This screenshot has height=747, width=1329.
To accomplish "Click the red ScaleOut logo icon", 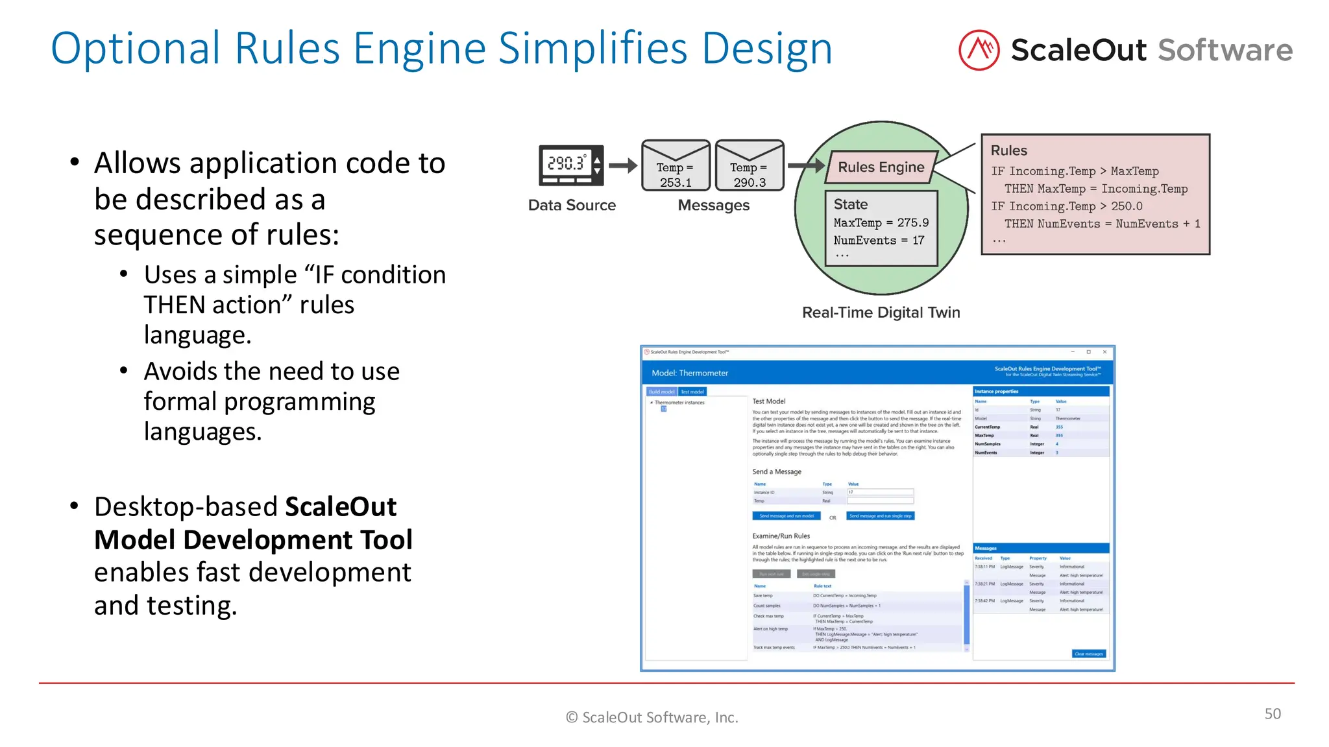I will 979,50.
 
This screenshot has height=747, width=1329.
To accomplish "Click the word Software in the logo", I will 1225,51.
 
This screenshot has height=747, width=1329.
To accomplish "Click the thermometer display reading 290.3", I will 567,163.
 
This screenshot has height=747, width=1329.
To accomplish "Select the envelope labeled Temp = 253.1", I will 676,166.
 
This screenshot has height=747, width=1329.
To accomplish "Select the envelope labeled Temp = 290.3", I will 750,166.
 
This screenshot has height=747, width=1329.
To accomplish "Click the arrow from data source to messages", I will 624,166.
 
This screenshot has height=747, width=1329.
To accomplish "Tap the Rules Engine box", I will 881,167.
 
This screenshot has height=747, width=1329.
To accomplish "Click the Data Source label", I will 572,206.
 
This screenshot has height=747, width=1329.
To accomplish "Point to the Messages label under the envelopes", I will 713,206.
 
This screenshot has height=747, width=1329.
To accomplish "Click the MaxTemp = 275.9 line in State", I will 881,223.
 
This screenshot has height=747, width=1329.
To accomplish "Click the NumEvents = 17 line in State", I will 879,241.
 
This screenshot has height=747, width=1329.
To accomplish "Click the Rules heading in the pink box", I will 1008,150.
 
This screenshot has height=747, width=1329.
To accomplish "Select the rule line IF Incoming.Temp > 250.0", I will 1066,206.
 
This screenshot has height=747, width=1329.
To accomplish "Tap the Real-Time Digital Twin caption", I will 881,313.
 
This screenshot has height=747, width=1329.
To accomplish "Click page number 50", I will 1272,714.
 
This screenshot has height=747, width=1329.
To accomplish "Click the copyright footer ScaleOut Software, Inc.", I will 652,717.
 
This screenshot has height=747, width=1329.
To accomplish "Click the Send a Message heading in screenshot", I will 776,471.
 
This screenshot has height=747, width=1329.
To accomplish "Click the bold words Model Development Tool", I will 253,539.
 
